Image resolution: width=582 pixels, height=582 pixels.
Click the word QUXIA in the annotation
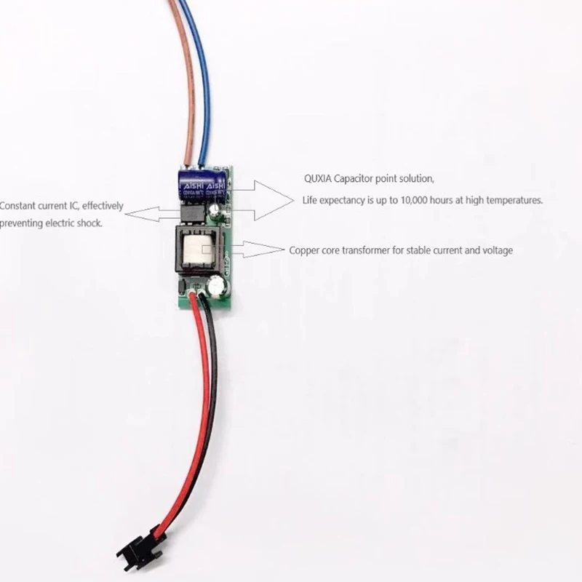tap(318, 178)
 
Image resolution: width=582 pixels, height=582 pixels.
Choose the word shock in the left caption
tap(89, 223)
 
